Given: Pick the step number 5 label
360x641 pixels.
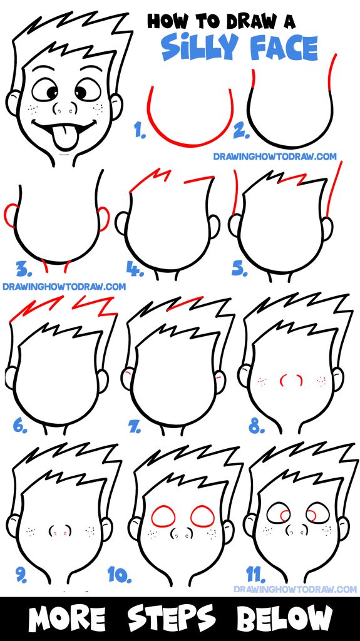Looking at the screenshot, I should (240, 269).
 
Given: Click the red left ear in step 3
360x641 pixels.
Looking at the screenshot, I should (11, 216).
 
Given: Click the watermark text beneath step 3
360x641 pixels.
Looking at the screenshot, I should (64, 287).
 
